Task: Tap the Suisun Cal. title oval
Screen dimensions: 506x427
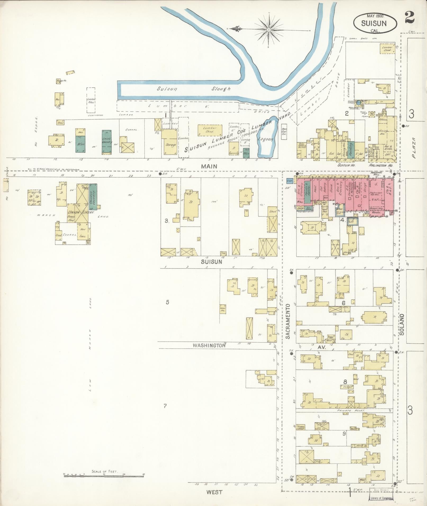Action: [x=375, y=23]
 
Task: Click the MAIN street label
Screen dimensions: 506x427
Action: [x=209, y=166]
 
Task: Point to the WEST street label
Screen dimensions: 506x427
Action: [x=215, y=492]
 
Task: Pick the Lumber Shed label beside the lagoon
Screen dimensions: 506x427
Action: [x=210, y=129]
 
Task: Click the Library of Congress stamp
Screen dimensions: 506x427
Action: [x=381, y=498]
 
